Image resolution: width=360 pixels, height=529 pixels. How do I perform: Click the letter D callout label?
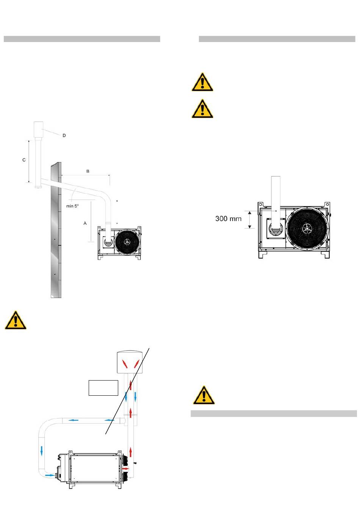64,136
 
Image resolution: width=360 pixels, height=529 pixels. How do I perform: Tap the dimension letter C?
24,160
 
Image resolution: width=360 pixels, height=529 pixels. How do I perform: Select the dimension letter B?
88,171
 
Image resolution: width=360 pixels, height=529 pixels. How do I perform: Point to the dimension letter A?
85,223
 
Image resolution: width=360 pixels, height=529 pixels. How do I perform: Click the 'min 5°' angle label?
72,206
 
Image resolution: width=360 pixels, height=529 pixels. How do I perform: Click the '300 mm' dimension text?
229,219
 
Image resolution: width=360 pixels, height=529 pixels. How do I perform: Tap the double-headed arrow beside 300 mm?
250,220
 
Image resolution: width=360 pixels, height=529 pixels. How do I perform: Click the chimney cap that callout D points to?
38,130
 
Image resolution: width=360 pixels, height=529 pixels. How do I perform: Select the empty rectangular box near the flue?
103,388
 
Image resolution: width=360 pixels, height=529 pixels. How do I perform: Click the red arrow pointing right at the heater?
125,468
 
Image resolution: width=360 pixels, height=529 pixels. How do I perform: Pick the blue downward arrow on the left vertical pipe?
42,451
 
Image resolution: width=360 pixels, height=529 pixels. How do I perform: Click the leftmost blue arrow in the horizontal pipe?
73,420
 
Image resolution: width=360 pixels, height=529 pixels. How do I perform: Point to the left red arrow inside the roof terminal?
125,364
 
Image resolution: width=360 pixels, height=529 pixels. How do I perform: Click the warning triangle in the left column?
16,320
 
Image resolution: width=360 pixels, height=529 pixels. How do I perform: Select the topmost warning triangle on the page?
202,82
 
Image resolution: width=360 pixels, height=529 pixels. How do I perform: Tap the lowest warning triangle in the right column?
204,395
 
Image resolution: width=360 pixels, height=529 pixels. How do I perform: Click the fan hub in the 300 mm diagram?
307,228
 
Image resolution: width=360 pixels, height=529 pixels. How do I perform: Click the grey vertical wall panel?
56,230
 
